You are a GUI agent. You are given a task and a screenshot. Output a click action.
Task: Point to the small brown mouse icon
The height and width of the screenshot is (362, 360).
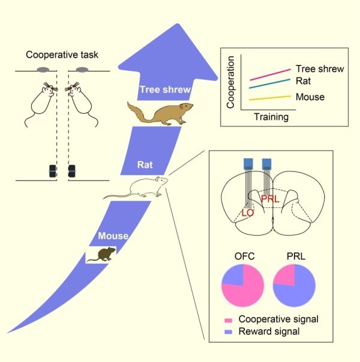coord(101,255)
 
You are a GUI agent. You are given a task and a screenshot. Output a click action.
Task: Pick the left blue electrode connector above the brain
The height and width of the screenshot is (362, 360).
coord(248,164)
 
